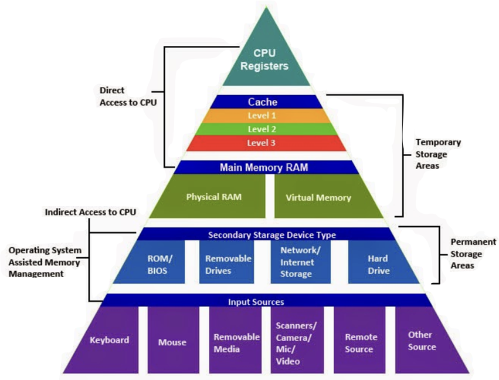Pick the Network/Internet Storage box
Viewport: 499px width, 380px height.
click(300, 262)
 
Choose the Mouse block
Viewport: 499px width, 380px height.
click(173, 340)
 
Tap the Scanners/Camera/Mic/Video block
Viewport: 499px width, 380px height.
click(297, 340)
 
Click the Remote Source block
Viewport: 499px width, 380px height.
click(359, 340)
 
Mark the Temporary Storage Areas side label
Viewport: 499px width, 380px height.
click(438, 154)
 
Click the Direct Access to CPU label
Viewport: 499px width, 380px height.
click(128, 96)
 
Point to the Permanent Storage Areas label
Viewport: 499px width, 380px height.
click(473, 254)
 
